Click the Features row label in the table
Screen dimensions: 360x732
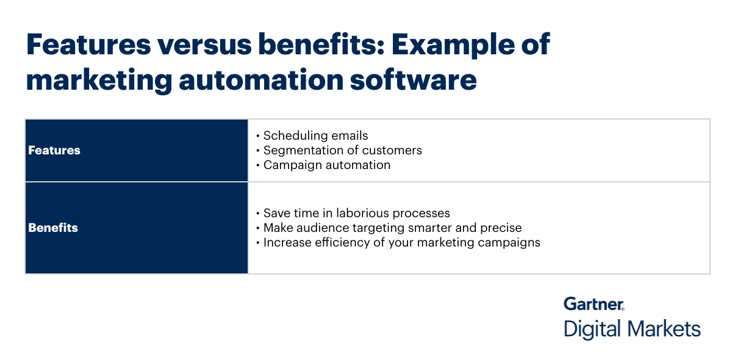54,150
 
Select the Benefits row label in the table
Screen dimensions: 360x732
53,228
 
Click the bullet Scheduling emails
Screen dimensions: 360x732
315,135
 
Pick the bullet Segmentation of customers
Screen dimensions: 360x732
342,150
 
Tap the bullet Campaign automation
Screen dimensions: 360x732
326,165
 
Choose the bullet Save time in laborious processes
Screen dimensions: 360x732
356,213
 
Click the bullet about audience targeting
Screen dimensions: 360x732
392,228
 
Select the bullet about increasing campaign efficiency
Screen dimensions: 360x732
401,242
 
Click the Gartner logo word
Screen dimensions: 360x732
593,304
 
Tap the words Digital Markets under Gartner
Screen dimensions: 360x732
632,329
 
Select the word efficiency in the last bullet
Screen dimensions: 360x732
335,242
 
